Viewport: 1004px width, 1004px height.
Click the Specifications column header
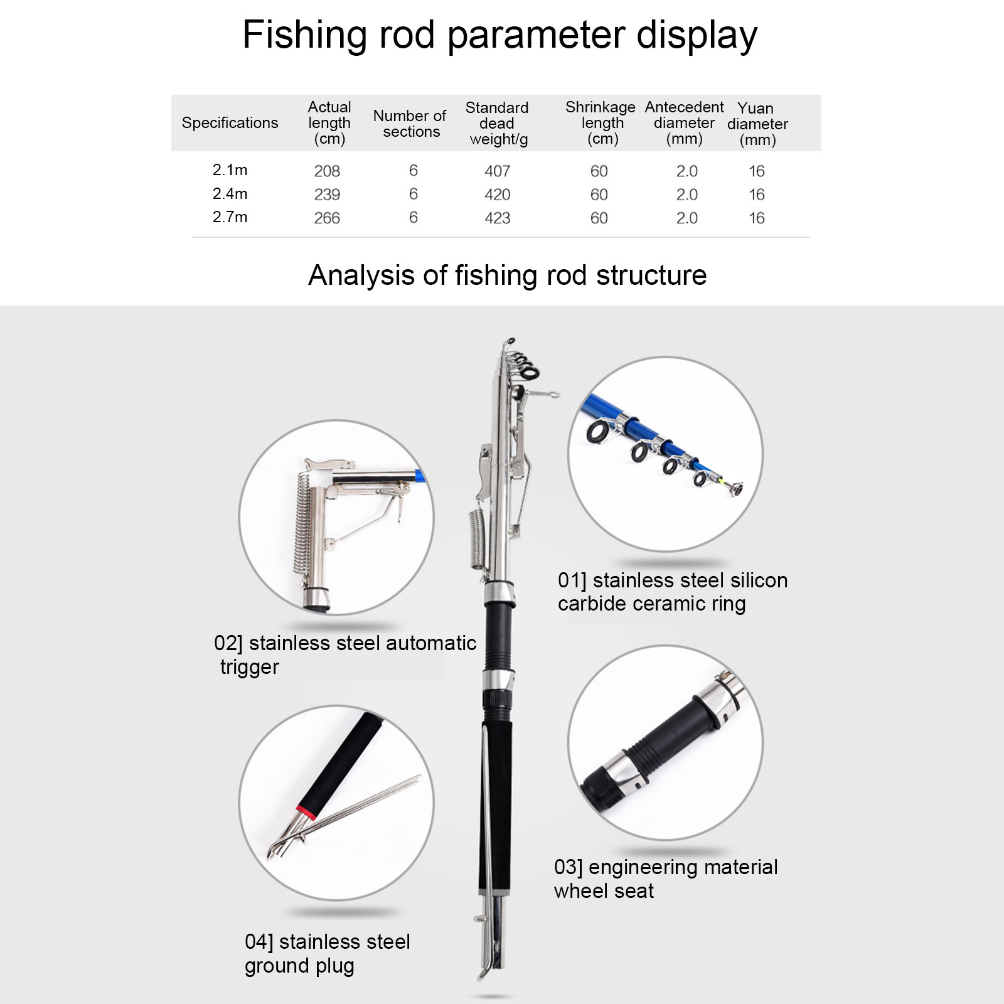tap(230, 123)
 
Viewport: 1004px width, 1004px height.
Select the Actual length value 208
tap(327, 171)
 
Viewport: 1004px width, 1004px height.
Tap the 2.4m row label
tap(230, 194)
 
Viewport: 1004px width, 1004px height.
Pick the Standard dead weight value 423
tap(498, 218)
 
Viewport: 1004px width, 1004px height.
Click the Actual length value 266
tap(327, 218)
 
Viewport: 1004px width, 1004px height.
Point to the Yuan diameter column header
tap(757, 124)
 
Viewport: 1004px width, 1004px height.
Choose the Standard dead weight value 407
tap(498, 171)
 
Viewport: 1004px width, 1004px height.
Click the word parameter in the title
tap(537, 36)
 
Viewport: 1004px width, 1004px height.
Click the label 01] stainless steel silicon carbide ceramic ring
tap(673, 592)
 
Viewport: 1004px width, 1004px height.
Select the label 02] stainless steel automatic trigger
tap(344, 654)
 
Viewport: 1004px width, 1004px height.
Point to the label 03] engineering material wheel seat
tap(666, 878)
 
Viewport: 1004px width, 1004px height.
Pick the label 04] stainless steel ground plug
tap(327, 953)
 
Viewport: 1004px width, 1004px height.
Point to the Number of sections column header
tap(410, 124)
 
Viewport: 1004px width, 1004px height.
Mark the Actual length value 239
tap(327, 195)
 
